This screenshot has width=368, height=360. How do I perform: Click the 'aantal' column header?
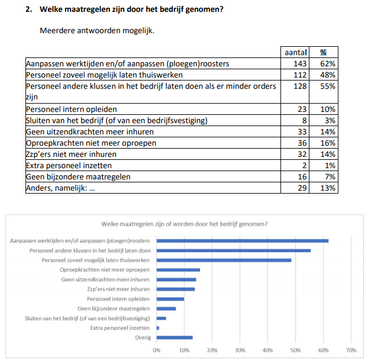tap(296, 52)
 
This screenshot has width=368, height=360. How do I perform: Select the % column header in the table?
tap(324, 52)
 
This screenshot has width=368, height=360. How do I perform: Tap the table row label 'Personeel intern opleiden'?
tap(71, 109)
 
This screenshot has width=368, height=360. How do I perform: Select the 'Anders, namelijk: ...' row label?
tap(62, 188)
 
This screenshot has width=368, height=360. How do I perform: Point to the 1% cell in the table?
tap(330, 165)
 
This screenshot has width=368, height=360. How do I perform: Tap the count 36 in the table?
tap(301, 143)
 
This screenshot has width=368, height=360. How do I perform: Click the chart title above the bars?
tap(184, 224)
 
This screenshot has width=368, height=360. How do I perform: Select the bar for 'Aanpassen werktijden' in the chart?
tap(243, 240)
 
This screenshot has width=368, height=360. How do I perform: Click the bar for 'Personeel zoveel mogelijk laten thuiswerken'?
tap(224, 260)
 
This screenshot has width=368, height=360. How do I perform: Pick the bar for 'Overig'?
tap(175, 337)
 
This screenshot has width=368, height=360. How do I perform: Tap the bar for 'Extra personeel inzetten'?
tap(158, 328)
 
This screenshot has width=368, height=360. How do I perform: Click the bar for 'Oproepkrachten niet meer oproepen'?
tap(179, 269)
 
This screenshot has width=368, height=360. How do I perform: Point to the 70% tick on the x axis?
tap(350, 350)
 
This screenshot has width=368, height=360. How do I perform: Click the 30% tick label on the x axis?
tap(240, 350)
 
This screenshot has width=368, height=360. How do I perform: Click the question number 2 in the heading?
tap(28, 9)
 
